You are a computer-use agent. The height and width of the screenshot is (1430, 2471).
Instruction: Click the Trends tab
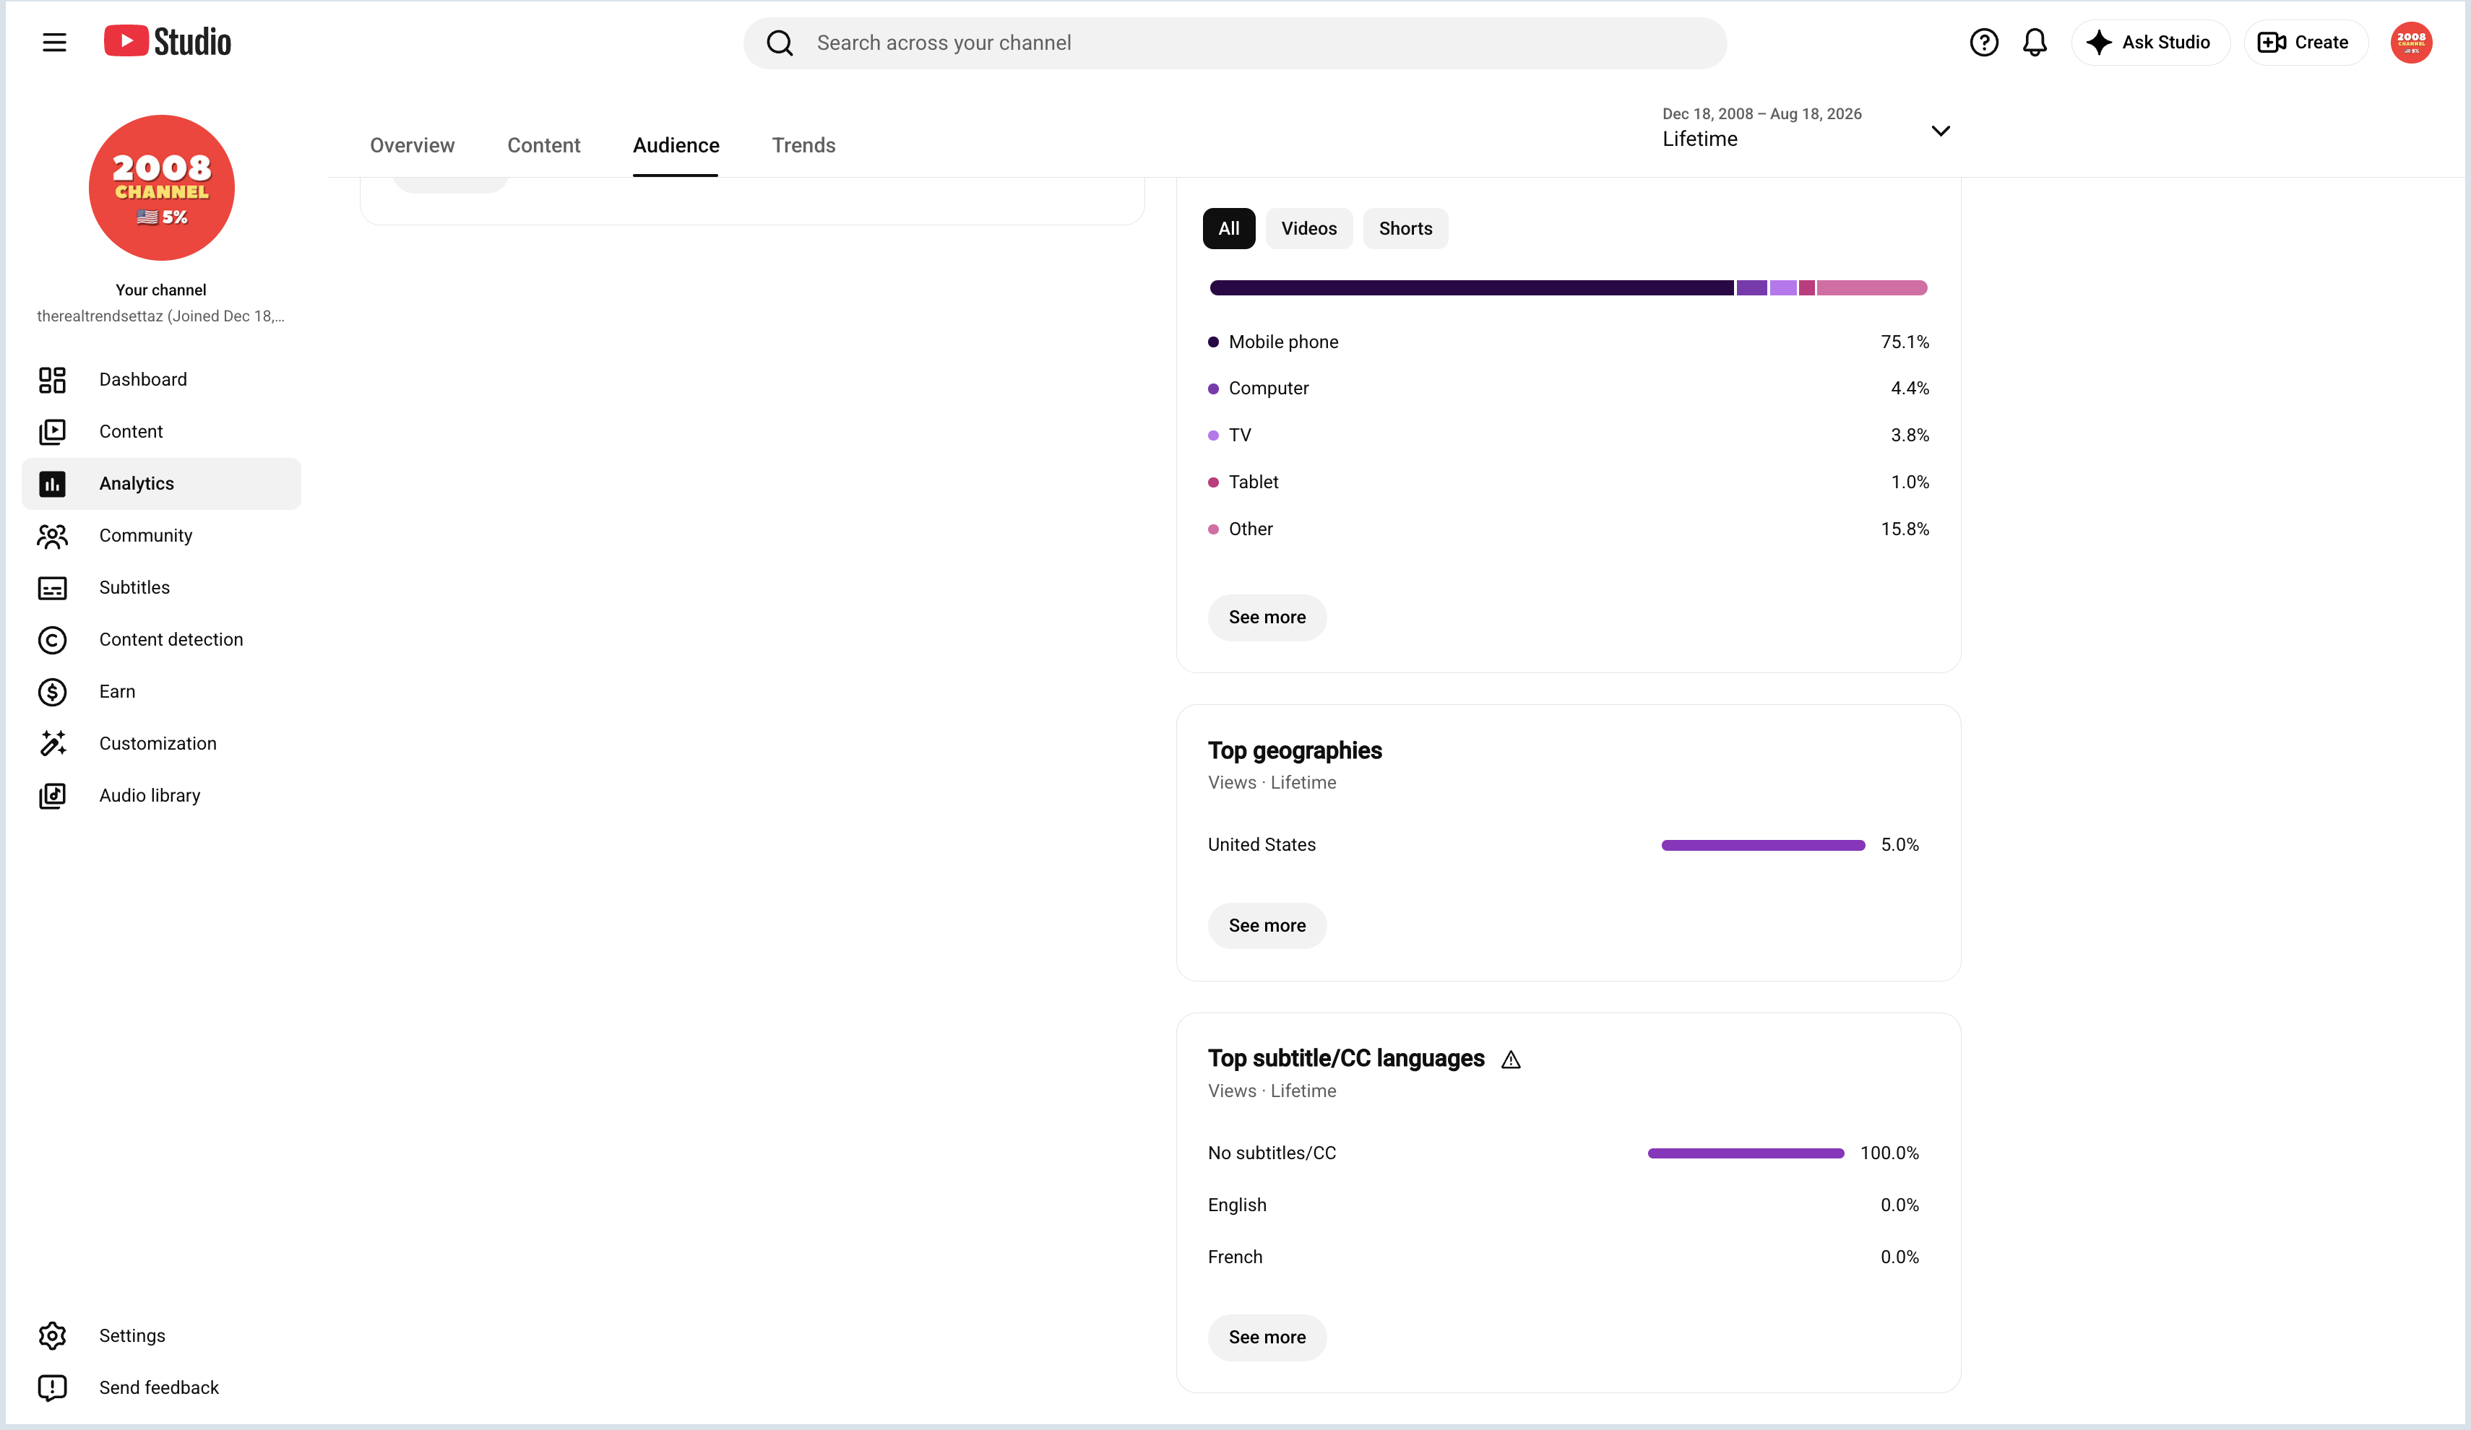pyautogui.click(x=803, y=145)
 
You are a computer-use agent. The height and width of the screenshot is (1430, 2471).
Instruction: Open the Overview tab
pyautogui.click(x=412, y=145)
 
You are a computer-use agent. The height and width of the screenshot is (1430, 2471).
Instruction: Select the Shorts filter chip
pyautogui.click(x=1405, y=228)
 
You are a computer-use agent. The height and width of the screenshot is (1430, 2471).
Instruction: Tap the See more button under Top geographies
pyautogui.click(x=1267, y=925)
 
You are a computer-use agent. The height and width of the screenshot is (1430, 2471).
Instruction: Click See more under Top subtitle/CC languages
pyautogui.click(x=1267, y=1337)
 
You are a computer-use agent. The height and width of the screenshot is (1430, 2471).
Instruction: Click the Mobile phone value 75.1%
pyautogui.click(x=1905, y=342)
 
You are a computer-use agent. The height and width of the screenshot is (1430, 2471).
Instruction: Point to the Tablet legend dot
pyautogui.click(x=1213, y=482)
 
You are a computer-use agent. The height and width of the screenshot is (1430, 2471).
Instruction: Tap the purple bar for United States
pyautogui.click(x=1763, y=845)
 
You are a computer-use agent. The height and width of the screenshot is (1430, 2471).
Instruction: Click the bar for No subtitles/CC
pyautogui.click(x=1746, y=1153)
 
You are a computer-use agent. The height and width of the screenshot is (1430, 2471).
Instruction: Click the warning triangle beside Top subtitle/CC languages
pyautogui.click(x=1511, y=1059)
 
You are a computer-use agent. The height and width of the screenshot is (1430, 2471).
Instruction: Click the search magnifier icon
pyautogui.click(x=780, y=43)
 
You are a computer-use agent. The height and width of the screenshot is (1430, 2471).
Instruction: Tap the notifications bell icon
pyautogui.click(x=2035, y=42)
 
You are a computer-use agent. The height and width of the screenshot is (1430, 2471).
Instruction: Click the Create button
pyautogui.click(x=2304, y=42)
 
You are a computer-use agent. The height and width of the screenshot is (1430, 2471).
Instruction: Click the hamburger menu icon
pyautogui.click(x=54, y=42)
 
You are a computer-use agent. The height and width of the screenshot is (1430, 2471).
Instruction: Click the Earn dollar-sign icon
pyautogui.click(x=52, y=692)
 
